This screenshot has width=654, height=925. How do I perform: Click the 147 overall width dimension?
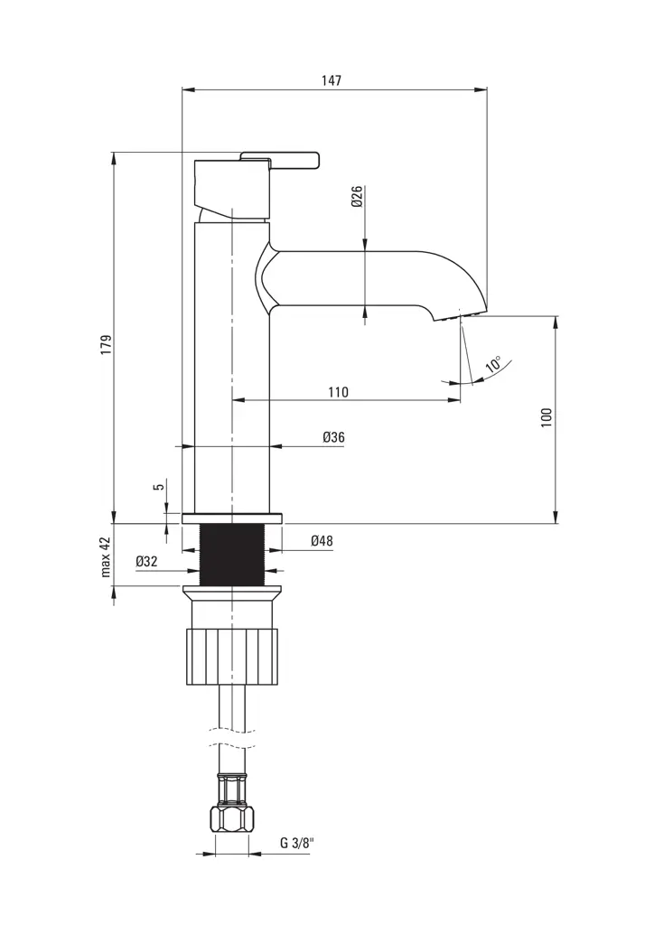coord(332,80)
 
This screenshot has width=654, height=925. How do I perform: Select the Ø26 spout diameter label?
coord(357,197)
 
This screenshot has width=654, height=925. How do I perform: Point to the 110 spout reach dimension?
coord(338,392)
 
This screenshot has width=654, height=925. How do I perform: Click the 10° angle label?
coord(493,365)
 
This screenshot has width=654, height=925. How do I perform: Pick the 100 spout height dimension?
coord(547,417)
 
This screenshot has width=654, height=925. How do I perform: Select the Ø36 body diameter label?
coord(333,437)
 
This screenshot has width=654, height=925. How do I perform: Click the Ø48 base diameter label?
coord(322,541)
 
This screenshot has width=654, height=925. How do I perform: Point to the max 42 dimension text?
coord(106,556)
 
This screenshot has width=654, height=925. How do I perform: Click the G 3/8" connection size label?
coord(296,843)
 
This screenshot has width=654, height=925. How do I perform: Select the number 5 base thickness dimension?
coord(159,487)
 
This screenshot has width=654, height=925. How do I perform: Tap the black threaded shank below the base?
coord(232,555)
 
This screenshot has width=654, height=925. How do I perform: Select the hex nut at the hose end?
coord(232,818)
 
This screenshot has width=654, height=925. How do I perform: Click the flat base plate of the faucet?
coord(232,519)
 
